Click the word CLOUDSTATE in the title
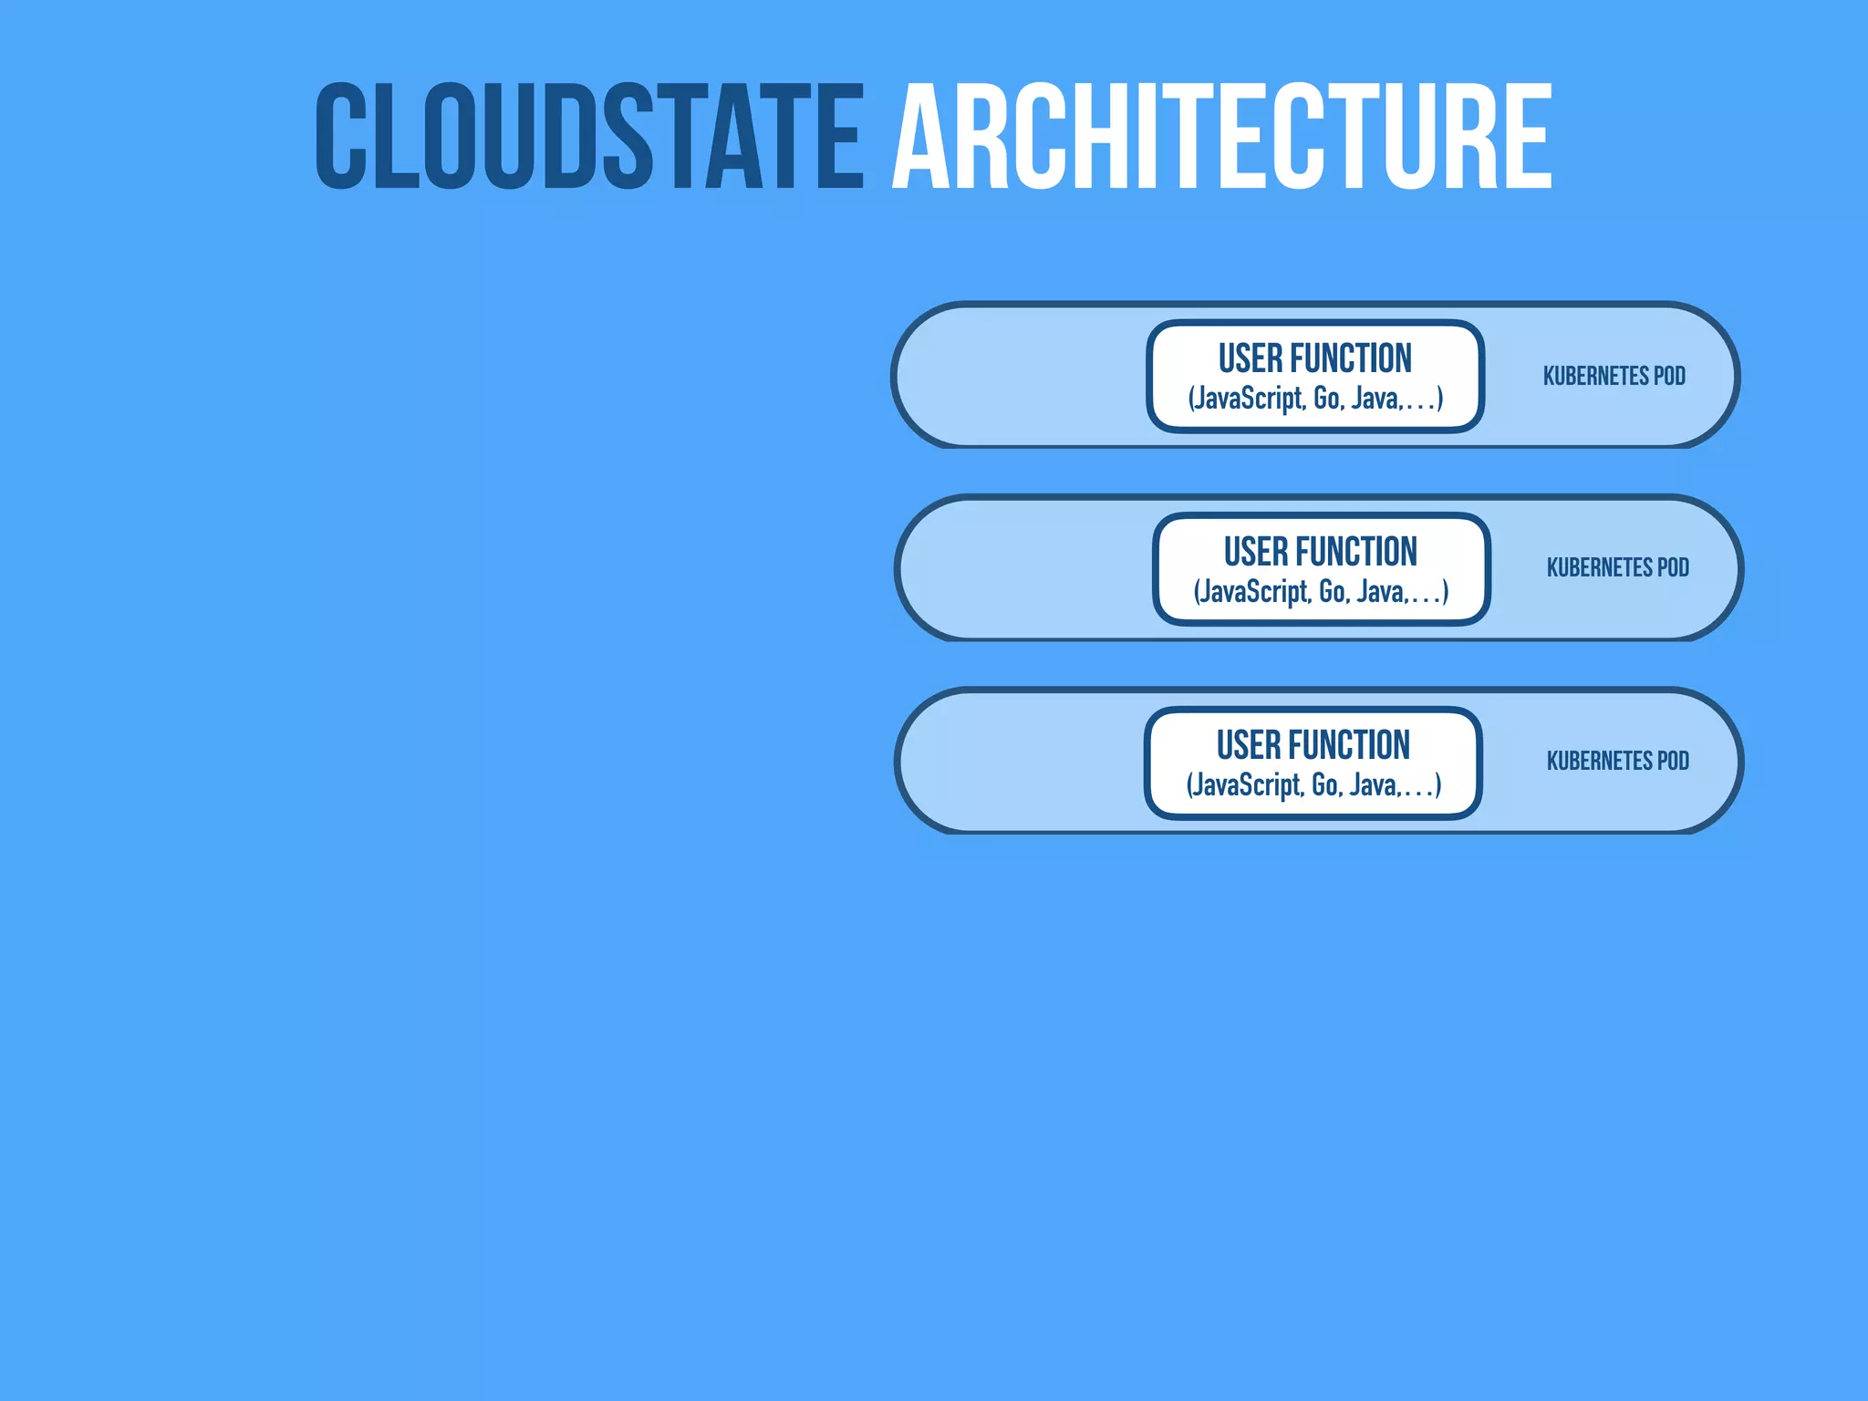(x=589, y=137)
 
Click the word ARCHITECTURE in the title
(x=1222, y=137)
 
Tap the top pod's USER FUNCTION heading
(x=1314, y=358)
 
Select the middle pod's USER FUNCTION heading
(x=1320, y=552)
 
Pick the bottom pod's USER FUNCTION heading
(x=1313, y=745)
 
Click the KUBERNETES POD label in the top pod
(x=1614, y=376)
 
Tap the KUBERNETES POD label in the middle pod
(x=1617, y=567)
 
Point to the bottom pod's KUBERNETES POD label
(x=1617, y=761)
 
